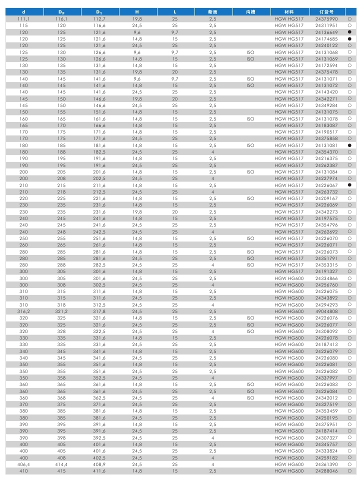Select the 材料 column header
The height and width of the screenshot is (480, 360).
288,11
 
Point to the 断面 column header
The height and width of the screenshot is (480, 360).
212,11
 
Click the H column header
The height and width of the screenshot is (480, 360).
137,11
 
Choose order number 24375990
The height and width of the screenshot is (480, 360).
326,18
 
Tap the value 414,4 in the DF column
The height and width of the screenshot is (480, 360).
61,464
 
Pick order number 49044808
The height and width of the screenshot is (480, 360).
326,311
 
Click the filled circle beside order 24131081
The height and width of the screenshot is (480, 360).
350,145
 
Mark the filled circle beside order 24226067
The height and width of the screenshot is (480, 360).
350,185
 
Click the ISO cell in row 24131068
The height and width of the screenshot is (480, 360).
250,52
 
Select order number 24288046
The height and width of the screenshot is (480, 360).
326,470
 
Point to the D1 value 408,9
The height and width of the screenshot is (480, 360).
99,464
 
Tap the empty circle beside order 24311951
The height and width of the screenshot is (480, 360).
350,25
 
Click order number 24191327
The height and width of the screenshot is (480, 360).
326,271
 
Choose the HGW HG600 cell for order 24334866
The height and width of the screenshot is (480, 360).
288,278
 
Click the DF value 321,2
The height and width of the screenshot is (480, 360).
61,311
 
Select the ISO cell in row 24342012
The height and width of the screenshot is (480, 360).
250,397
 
